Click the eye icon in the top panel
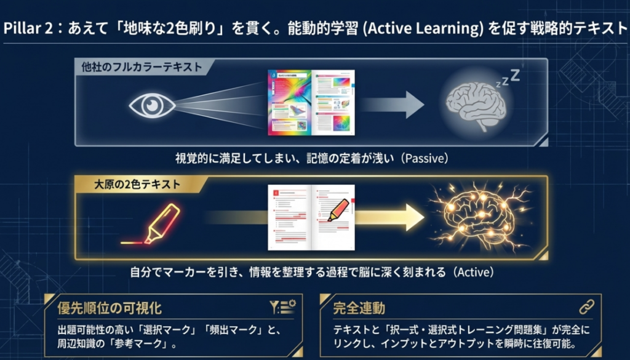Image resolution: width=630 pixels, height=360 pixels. click(x=150, y=105)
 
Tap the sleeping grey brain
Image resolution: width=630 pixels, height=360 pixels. click(x=476, y=106)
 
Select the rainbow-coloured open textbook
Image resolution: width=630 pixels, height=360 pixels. click(x=312, y=103)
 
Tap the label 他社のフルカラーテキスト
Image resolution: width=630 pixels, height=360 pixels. click(x=141, y=67)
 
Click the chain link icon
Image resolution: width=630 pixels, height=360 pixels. click(x=586, y=306)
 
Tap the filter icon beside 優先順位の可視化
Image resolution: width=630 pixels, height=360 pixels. click(x=282, y=306)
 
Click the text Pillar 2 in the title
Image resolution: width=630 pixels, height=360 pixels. click(x=27, y=30)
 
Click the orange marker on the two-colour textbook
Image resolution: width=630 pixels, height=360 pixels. click(x=338, y=210)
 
